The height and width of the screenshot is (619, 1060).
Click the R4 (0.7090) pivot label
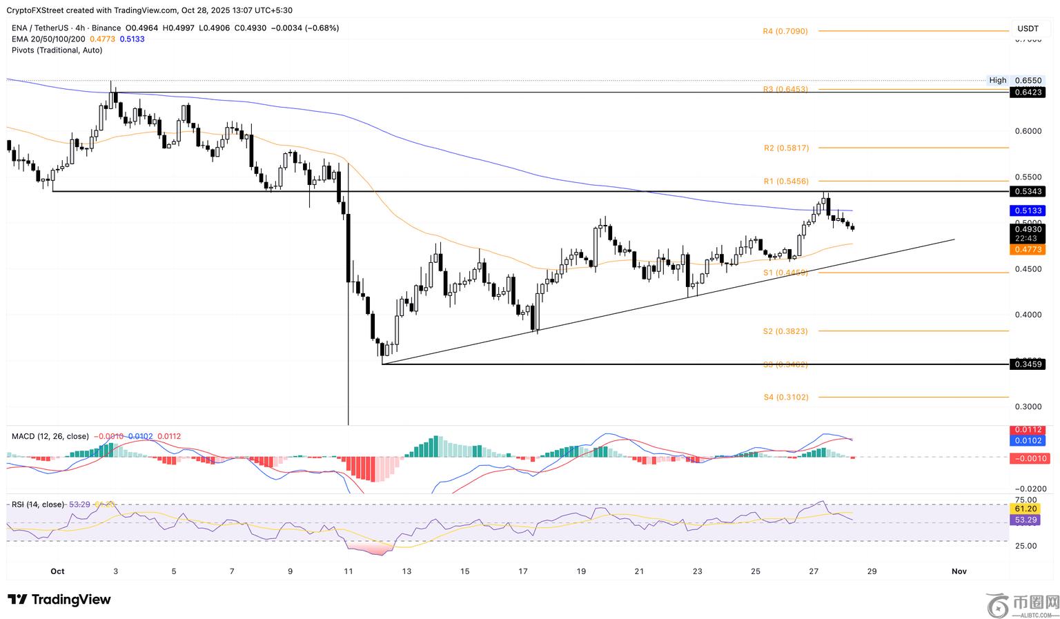(785, 31)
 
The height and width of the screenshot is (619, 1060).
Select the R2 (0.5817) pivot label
(786, 148)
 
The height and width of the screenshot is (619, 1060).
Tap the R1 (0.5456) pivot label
(785, 181)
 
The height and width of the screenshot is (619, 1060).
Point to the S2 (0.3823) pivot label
(785, 331)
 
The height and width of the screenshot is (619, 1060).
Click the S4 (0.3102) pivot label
(785, 397)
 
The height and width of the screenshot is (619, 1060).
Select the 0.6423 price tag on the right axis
(1027, 92)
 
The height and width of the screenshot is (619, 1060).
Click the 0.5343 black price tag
(1027, 191)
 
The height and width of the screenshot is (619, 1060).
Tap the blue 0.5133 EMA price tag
(1027, 210)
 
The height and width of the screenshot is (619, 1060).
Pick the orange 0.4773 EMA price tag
(1027, 249)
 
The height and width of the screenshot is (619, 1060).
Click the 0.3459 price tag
(1027, 364)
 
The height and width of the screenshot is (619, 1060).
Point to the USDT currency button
(1028, 28)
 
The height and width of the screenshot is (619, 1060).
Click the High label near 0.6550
(997, 80)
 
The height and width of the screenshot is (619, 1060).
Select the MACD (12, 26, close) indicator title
(50, 436)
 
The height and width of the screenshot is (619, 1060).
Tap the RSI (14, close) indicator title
(38, 504)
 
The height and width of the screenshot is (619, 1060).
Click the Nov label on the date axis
(959, 571)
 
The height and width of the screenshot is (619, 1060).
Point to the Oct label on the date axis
(57, 571)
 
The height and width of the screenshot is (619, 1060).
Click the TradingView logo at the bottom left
(59, 600)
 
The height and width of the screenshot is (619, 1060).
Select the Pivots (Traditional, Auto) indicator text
(57, 50)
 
